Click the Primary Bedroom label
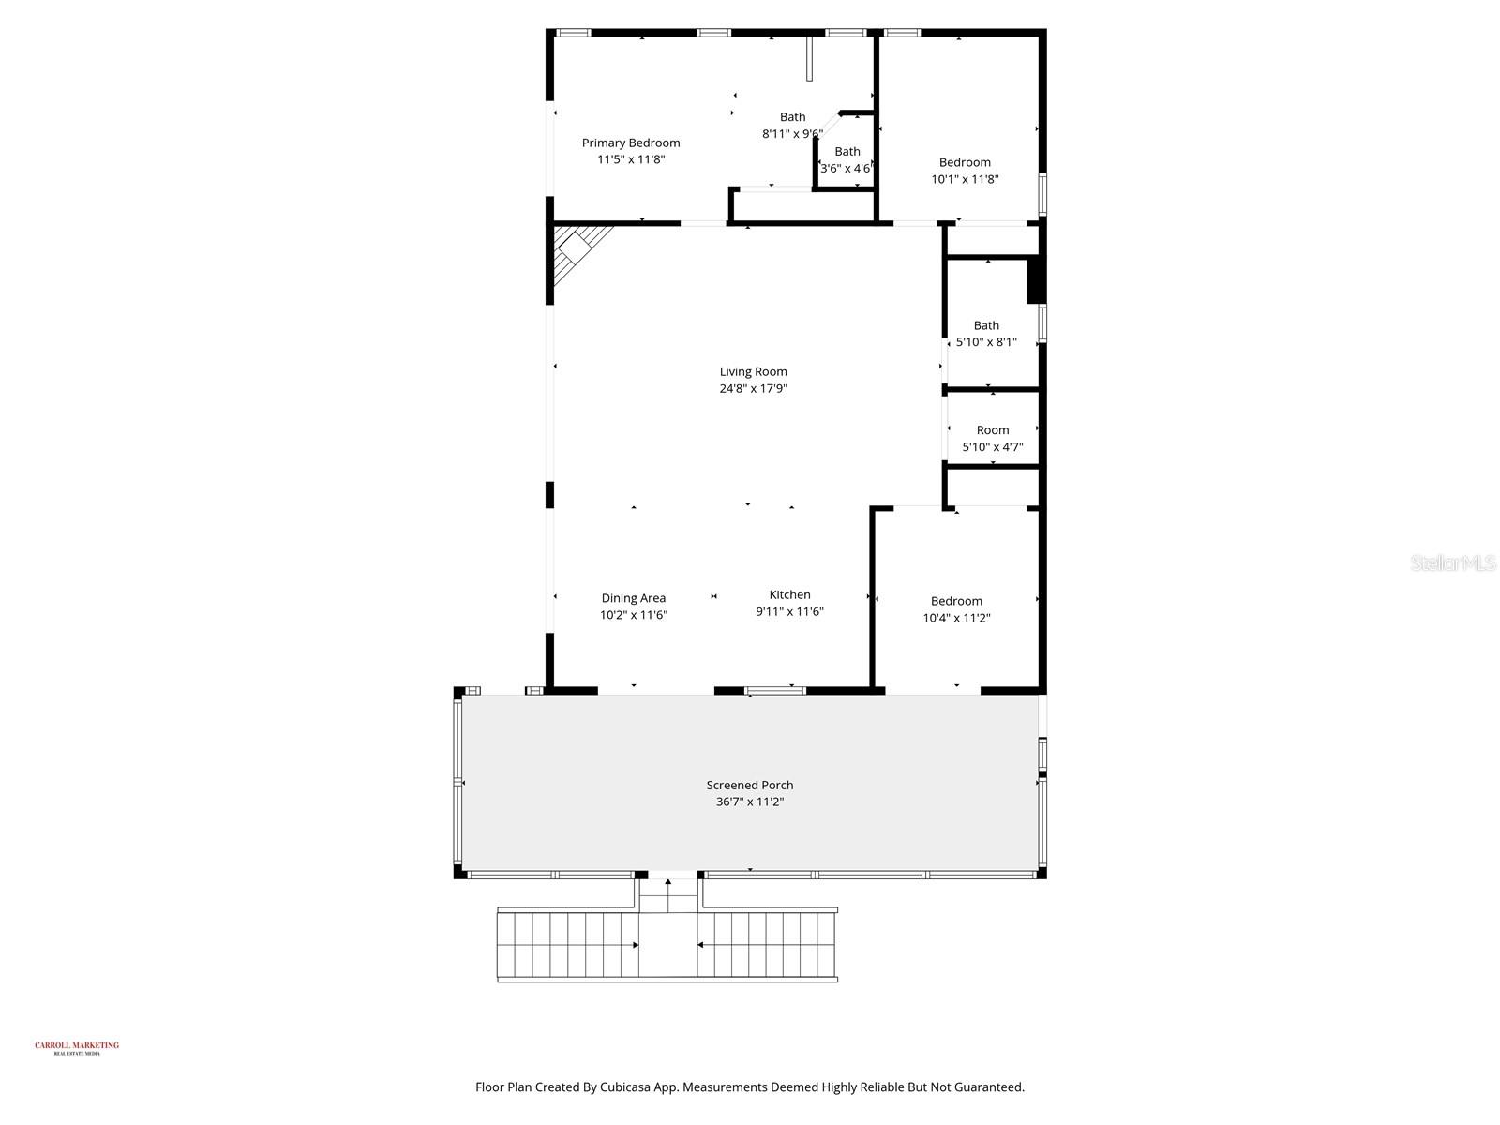point(631,142)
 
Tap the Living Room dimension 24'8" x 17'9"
point(753,388)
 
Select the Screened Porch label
point(749,785)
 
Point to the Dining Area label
point(634,597)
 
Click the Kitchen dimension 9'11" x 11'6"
point(789,611)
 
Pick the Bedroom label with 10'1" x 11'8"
point(965,162)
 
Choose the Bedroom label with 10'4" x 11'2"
point(956,601)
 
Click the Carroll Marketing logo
point(77,1047)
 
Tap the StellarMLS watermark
point(1453,562)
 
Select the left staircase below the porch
point(568,945)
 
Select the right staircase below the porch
point(767,945)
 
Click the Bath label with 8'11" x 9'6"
point(792,117)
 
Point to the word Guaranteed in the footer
point(990,1087)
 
